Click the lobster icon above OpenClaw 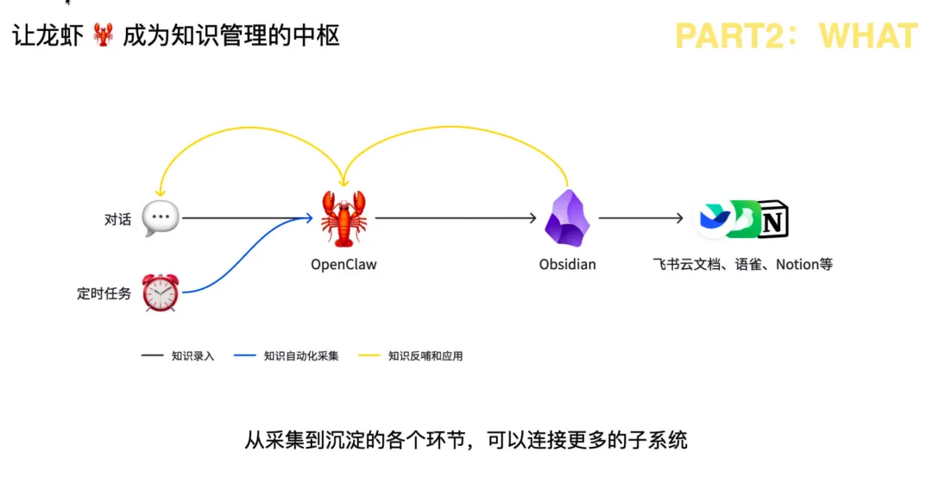click(343, 219)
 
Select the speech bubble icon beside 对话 click(161, 218)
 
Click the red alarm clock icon click(161, 292)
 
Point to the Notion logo click(772, 221)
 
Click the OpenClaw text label click(343, 265)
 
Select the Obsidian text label click(567, 265)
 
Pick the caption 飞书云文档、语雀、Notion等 click(743, 265)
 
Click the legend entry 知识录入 click(192, 355)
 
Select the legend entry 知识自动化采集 click(301, 355)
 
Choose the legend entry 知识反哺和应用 click(425, 355)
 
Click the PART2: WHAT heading click(796, 35)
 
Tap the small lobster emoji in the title click(102, 36)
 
